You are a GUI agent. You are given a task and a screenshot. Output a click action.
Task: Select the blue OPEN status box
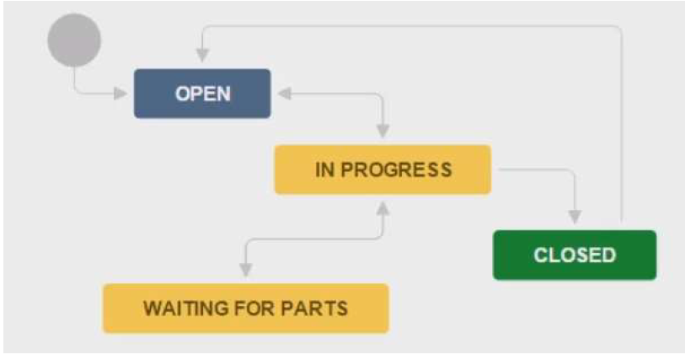tap(202, 93)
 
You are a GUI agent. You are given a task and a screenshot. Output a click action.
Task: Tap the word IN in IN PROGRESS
tap(324, 169)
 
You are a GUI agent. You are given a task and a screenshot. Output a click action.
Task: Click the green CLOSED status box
tap(574, 255)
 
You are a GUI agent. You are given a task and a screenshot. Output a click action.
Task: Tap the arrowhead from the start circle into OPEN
tap(120, 93)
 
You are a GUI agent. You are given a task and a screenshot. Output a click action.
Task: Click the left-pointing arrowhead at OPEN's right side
tap(284, 94)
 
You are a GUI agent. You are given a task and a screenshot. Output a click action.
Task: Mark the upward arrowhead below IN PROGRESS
tap(383, 207)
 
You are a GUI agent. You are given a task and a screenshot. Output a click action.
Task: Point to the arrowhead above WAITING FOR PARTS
tap(246, 269)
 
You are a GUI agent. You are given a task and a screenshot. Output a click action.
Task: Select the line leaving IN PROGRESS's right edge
tap(531, 169)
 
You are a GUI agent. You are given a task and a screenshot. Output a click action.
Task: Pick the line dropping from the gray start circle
tap(74, 78)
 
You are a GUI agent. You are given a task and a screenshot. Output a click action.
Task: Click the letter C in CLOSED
tap(541, 255)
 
